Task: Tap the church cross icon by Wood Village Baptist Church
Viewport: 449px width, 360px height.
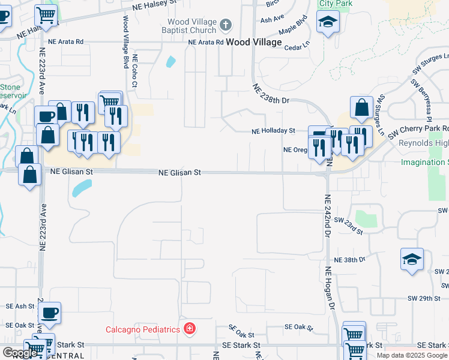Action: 226,25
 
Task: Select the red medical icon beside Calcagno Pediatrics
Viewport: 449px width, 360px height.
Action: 190,329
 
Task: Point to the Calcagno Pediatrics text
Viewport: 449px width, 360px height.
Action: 143,329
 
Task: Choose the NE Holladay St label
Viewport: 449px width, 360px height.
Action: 274,130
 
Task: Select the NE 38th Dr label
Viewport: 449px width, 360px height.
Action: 350,260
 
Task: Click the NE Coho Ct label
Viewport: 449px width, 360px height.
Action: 135,71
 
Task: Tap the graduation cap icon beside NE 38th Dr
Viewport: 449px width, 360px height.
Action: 412,260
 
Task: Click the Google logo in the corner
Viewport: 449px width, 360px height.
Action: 20,353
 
